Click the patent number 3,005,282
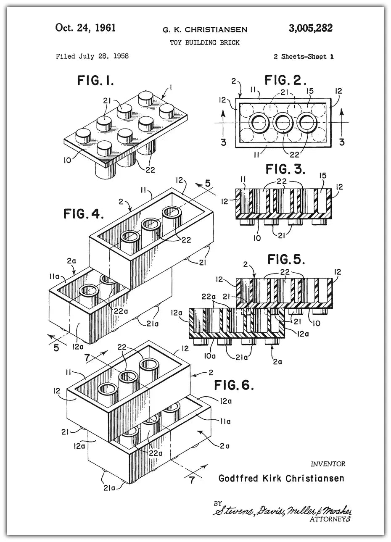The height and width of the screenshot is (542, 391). click(310, 29)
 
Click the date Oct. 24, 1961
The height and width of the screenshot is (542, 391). click(85, 28)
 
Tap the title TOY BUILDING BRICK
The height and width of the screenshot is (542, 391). click(205, 42)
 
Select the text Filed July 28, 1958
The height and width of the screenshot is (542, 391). click(92, 56)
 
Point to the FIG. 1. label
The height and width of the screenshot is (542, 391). click(95, 80)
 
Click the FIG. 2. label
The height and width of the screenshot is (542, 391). click(285, 79)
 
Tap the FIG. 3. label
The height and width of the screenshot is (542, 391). click(285, 169)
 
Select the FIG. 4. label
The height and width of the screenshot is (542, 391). click(84, 214)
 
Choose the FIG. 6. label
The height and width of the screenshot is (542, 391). click(234, 385)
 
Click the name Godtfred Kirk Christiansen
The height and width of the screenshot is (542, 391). click(281, 478)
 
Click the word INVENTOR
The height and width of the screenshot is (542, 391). click(328, 464)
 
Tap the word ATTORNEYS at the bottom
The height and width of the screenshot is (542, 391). click(330, 519)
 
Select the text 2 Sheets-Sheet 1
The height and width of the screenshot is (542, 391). click(304, 57)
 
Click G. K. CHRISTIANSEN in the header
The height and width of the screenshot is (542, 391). click(205, 29)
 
